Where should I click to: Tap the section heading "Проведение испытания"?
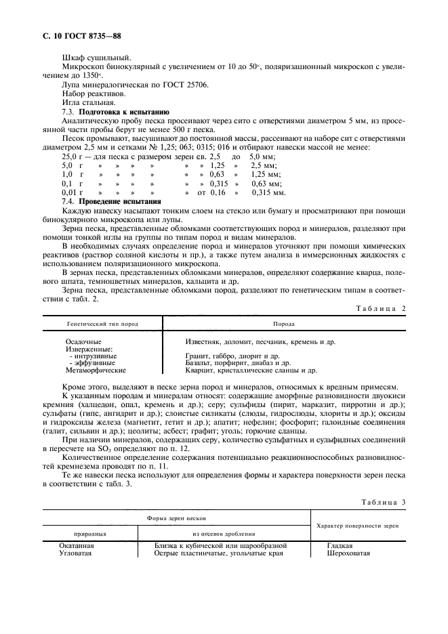(x=120, y=202)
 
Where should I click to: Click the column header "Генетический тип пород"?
(x=102, y=324)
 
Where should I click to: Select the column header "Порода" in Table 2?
(x=283, y=324)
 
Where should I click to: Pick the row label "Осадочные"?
(x=84, y=342)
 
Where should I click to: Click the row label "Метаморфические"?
(x=96, y=371)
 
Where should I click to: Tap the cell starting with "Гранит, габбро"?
(x=232, y=356)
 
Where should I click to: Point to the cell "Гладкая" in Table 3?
(x=340, y=545)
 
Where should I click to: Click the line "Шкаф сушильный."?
(x=92, y=58)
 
